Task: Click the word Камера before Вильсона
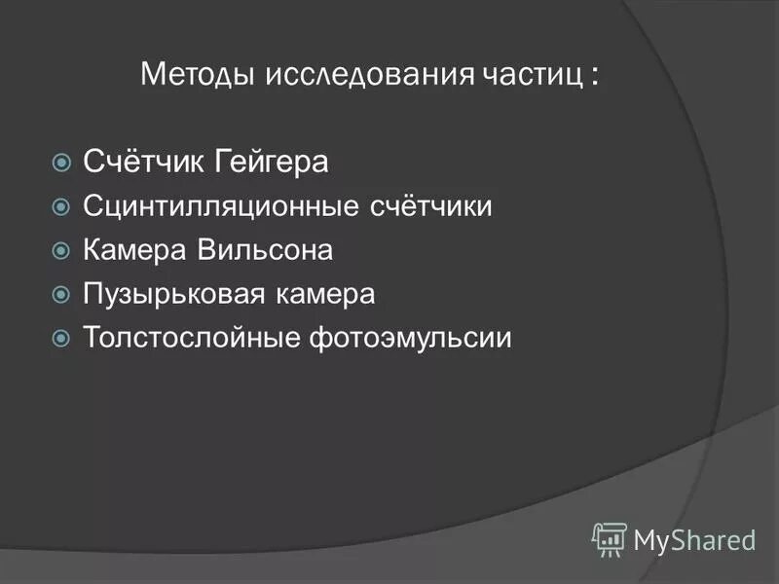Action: click(x=135, y=250)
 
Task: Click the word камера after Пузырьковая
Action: click(x=327, y=294)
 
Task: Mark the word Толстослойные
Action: click(x=193, y=338)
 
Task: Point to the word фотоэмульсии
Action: click(x=412, y=339)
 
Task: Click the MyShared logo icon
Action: click(x=610, y=538)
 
